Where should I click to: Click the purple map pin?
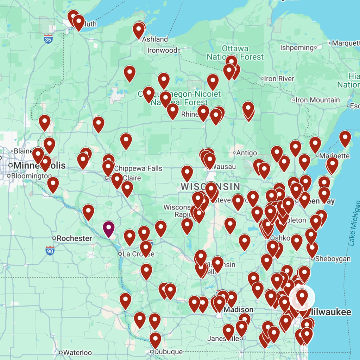(x=109, y=229)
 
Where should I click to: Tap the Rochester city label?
(x=74, y=238)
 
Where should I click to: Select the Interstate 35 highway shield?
(x=48, y=39)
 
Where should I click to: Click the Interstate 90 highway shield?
(x=50, y=251)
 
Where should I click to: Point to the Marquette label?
(x=346, y=43)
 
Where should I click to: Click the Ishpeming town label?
(x=297, y=47)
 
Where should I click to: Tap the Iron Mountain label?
(x=317, y=100)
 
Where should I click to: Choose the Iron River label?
(x=279, y=79)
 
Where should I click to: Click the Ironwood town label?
(x=162, y=50)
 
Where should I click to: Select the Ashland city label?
(x=155, y=39)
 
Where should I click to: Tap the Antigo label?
(x=247, y=153)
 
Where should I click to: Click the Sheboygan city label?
(x=333, y=259)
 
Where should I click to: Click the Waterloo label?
(x=77, y=352)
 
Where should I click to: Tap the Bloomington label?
(x=32, y=175)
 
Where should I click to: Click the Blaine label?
(x=23, y=151)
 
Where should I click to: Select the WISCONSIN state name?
(x=210, y=186)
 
